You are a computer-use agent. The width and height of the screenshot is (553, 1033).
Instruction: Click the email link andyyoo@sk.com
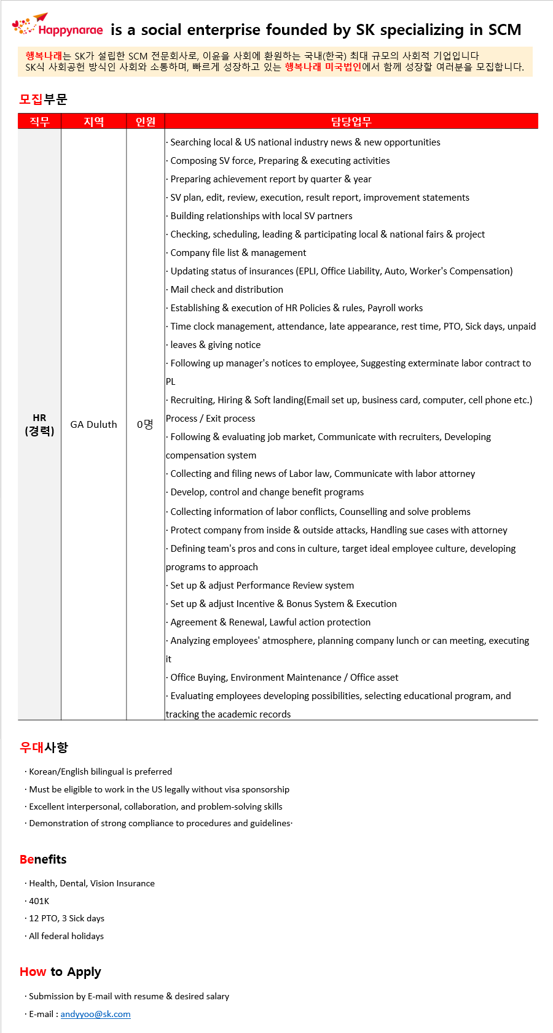coord(95,1014)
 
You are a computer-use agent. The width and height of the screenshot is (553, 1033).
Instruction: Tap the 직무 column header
coord(39,122)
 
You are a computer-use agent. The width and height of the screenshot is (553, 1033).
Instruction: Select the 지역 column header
coord(93,122)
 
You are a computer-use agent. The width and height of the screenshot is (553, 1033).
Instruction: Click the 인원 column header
coord(146,122)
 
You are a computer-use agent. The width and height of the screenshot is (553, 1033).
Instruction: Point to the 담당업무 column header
coord(351,122)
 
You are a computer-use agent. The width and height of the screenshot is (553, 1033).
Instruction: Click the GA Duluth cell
coord(93,424)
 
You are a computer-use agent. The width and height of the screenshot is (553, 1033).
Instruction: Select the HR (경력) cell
coord(39,424)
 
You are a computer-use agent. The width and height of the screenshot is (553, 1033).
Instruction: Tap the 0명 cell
coord(145,424)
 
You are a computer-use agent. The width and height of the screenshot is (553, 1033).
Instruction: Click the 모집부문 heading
coord(43,99)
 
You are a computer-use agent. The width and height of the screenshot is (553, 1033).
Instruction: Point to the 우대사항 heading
coord(44,747)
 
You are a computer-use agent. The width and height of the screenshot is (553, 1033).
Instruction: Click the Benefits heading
coord(43,859)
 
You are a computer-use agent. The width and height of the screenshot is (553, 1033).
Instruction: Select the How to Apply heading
coord(60,972)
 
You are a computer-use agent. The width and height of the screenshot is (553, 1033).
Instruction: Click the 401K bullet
coord(39,901)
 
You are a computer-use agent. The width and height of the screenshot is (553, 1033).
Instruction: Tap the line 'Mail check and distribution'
coord(226,290)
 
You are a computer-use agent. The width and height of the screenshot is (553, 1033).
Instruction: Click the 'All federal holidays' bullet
coord(66,936)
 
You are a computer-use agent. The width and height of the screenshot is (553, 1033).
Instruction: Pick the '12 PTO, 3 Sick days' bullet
coord(66,918)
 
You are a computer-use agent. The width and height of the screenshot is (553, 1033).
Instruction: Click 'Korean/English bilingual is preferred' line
coord(100,772)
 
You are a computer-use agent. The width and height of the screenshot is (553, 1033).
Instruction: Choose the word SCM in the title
coord(504,29)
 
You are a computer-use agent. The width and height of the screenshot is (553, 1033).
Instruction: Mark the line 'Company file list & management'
coord(238,253)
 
